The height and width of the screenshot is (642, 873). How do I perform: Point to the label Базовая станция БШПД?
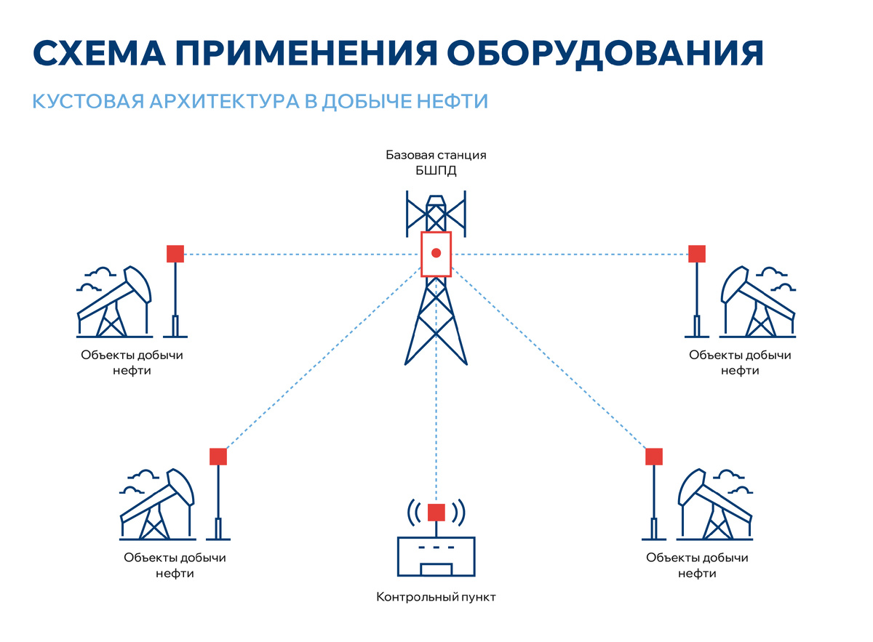[435, 163]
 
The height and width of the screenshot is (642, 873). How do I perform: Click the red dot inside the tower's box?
[436, 253]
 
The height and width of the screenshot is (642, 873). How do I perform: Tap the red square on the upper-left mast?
[175, 254]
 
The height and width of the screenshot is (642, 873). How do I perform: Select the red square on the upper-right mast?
[697, 254]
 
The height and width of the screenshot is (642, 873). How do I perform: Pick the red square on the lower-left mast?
[218, 457]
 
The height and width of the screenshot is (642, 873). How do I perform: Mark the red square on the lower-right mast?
[654, 457]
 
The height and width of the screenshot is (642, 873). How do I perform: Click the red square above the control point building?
[436, 512]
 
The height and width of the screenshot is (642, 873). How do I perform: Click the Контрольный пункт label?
[436, 598]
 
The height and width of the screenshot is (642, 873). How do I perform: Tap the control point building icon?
[436, 556]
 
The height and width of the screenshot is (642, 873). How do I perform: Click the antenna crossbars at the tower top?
[436, 213]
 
